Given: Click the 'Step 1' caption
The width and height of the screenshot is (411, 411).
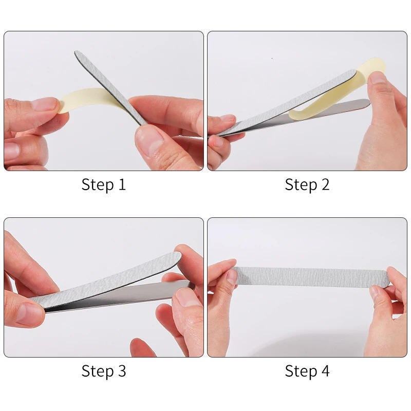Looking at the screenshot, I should coord(103,184).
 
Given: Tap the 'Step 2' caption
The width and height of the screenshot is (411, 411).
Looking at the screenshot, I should coord(307,184).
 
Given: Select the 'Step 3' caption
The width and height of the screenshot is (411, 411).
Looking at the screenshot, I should coord(103,370).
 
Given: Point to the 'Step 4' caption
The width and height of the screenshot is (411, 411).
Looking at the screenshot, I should coord(307,370).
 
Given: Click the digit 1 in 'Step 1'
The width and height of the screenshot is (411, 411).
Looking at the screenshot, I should coord(121,184).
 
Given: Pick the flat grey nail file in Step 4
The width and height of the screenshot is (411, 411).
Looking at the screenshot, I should coord(308,276).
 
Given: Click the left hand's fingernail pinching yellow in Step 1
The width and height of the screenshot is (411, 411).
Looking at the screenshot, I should coord(44,104).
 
